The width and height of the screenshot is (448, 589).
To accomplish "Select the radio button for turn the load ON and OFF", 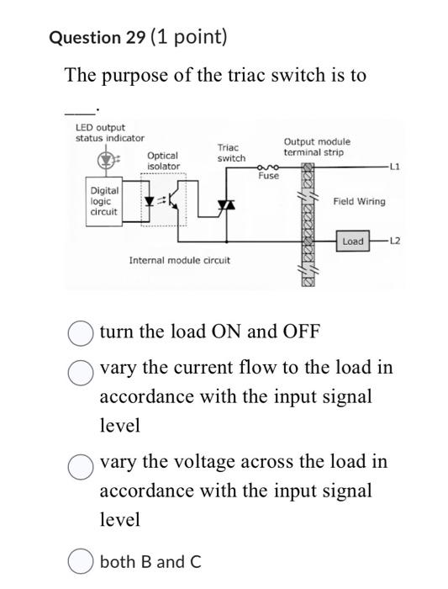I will click(x=80, y=332).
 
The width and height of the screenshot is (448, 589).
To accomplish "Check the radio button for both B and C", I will click(x=80, y=561).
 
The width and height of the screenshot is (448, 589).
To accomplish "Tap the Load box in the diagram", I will click(x=353, y=241).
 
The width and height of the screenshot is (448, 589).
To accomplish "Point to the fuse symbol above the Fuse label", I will click(x=268, y=168).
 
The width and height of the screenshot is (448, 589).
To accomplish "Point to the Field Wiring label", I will click(x=359, y=202).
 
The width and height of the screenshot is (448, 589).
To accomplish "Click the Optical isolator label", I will click(x=163, y=161).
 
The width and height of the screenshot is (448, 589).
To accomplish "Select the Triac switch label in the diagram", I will click(x=231, y=153).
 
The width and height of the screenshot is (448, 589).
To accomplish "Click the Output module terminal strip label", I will click(x=317, y=147).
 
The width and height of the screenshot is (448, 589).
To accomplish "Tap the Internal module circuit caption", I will click(x=179, y=261).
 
